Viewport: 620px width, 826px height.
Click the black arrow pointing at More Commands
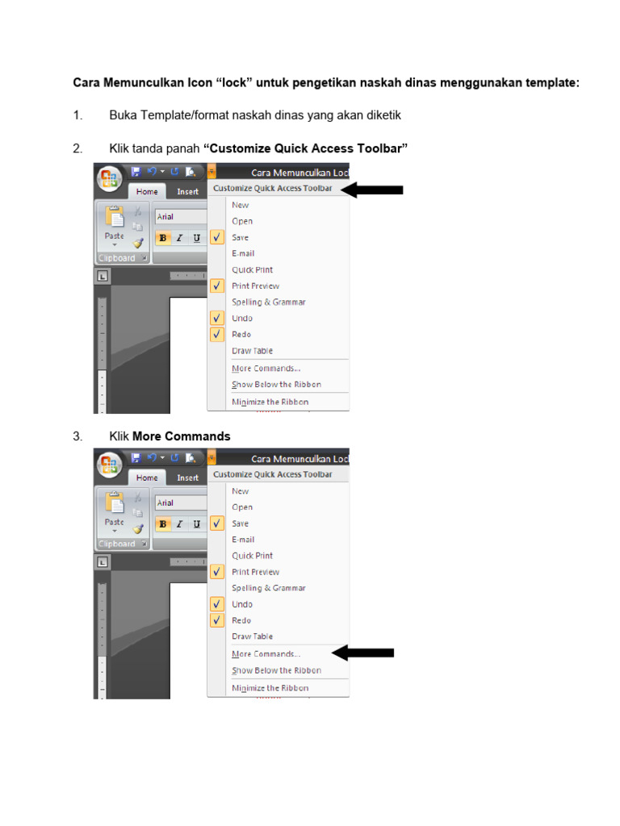pyautogui.click(x=362, y=653)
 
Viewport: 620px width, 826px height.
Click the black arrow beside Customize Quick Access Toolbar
pyautogui.click(x=372, y=190)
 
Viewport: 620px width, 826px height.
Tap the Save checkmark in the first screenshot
pyautogui.click(x=216, y=237)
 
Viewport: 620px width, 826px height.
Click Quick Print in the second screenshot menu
pyautogui.click(x=252, y=556)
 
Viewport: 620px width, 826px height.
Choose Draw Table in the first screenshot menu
pyautogui.click(x=252, y=351)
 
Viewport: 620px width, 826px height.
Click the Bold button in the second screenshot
pyautogui.click(x=163, y=524)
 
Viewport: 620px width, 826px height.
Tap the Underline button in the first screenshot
pyautogui.click(x=197, y=238)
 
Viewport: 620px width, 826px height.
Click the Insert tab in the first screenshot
pyautogui.click(x=187, y=192)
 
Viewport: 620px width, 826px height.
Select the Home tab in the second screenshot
pyautogui.click(x=147, y=478)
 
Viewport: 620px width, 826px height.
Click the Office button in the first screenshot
pyautogui.click(x=109, y=178)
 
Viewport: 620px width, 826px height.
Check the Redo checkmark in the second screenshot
pyautogui.click(x=216, y=620)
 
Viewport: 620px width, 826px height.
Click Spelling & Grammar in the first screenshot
pyautogui.click(x=268, y=302)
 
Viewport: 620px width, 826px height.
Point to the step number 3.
pyautogui.click(x=77, y=436)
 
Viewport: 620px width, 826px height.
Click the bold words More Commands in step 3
pyautogui.click(x=182, y=436)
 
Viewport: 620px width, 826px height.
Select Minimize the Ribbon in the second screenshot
pyautogui.click(x=270, y=688)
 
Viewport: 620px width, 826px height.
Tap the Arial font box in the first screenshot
pyautogui.click(x=180, y=216)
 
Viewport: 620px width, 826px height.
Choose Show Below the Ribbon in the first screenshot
pyautogui.click(x=276, y=385)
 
